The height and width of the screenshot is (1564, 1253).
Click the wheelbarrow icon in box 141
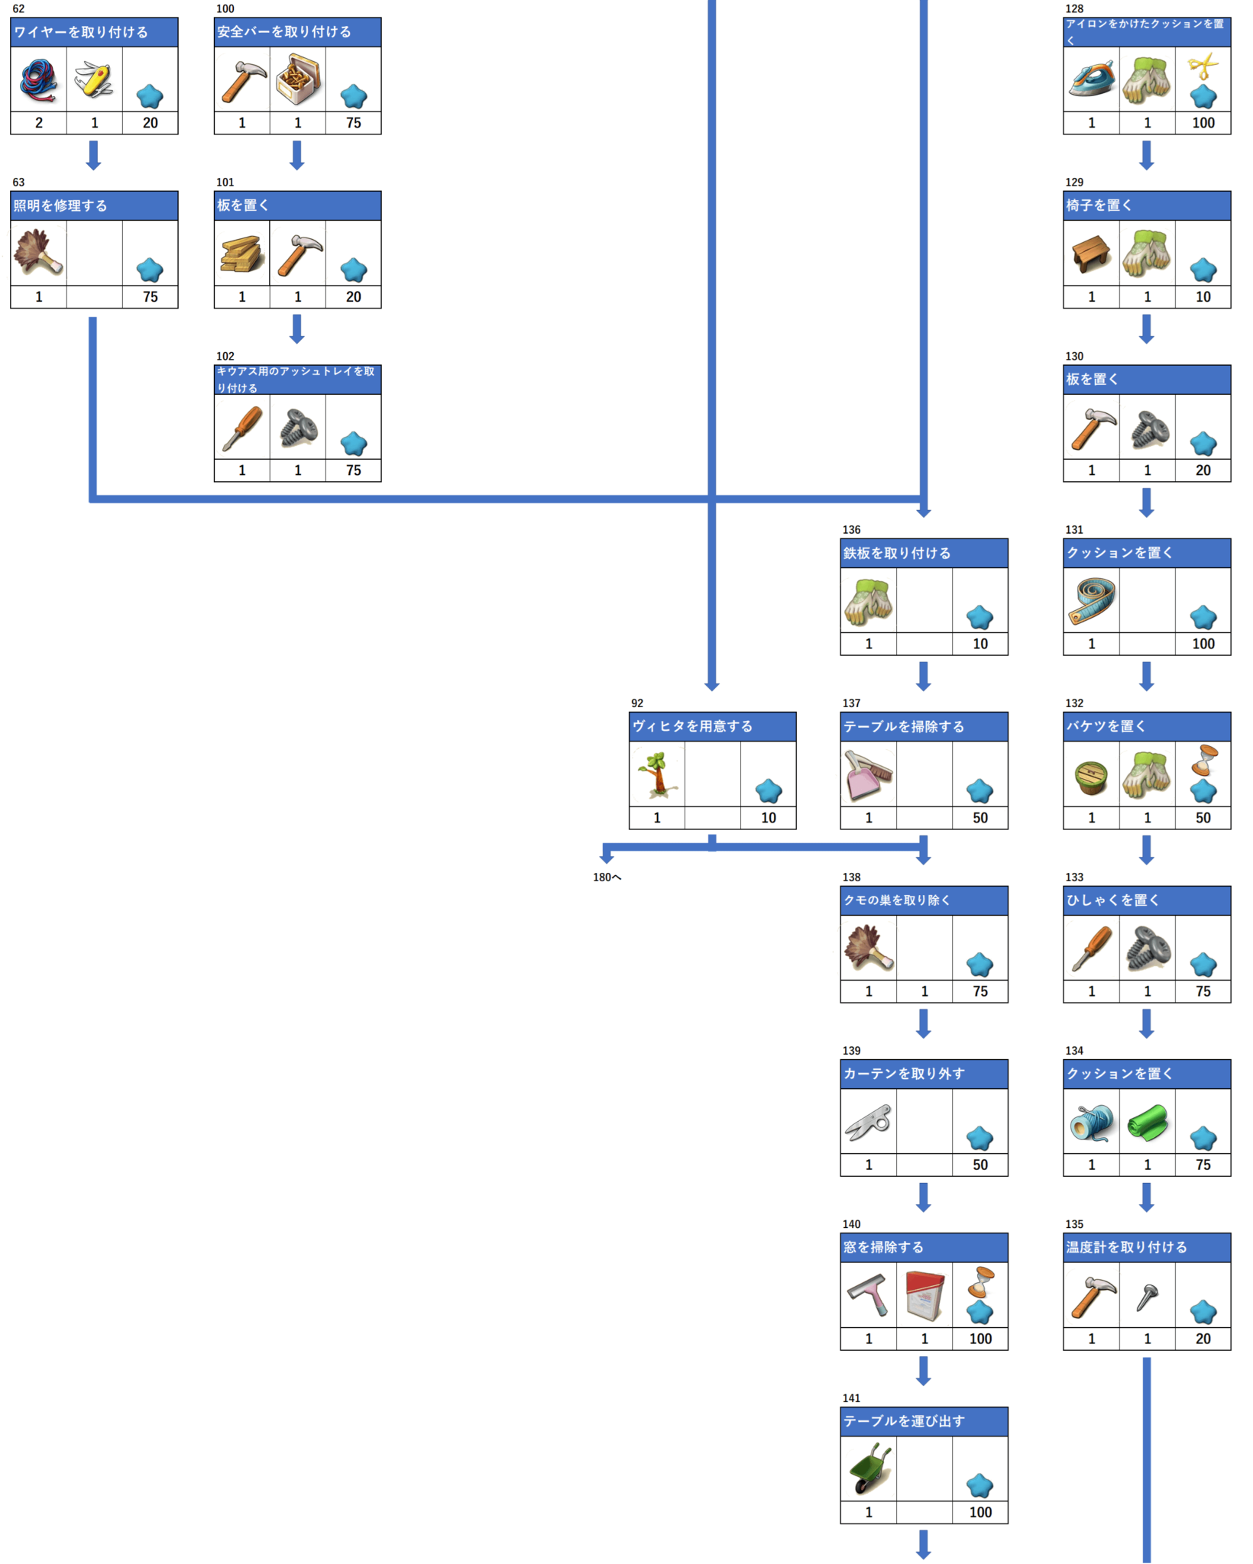[x=869, y=1468]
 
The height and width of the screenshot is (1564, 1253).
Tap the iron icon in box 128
[x=1091, y=79]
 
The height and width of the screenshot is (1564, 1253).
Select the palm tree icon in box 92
[x=657, y=774]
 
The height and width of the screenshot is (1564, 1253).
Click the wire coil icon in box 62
[x=39, y=79]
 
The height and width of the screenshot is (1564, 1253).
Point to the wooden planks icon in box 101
[x=242, y=254]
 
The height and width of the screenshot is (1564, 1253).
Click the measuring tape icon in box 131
[x=1091, y=600]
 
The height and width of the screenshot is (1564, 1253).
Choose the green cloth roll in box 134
[x=1147, y=1122]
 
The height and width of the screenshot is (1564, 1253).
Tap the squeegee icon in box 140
[x=869, y=1294]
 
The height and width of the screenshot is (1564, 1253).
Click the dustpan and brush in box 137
[x=869, y=774]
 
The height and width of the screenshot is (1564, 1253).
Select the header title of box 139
[x=904, y=1074]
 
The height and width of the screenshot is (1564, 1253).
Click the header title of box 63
[x=60, y=205]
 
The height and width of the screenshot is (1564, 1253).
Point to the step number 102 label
[x=225, y=356]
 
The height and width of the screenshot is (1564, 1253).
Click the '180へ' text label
[x=607, y=877]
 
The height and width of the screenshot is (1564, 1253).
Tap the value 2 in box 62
[x=39, y=123]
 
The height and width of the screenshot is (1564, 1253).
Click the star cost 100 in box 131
[x=1203, y=644]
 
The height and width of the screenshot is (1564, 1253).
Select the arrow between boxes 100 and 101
[x=297, y=156]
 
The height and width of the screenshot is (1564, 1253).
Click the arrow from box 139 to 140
[x=924, y=1197]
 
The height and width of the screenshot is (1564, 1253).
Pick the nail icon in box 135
[x=1147, y=1296]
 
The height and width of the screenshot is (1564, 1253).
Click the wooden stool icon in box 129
[x=1091, y=254]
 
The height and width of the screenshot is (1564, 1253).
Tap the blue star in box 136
[x=979, y=617]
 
